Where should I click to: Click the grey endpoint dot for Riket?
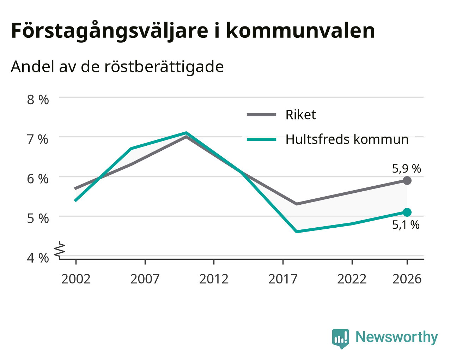[407, 180]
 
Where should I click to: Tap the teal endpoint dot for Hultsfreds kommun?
[407, 212]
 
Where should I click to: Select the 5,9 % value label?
[406, 169]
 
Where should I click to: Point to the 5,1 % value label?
[406, 225]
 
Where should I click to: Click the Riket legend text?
[300, 115]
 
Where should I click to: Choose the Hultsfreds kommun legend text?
[347, 139]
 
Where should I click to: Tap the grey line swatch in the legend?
[261, 115]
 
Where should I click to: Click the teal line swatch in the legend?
[261, 139]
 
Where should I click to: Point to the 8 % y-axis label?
[38, 100]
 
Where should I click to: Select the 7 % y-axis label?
[38, 139]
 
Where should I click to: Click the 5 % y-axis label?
[38, 219]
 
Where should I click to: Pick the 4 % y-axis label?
[38, 258]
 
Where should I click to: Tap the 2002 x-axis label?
[76, 279]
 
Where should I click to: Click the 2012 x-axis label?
[214, 279]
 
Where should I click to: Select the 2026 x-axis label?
[407, 279]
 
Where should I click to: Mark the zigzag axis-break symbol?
[60, 248]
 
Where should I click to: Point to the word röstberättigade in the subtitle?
[164, 67]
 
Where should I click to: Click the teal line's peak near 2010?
[186, 132]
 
